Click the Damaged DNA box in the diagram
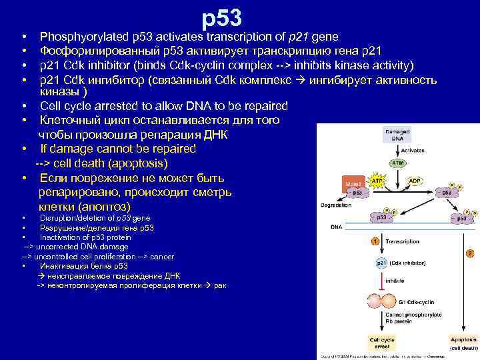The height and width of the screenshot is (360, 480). coord(397,135)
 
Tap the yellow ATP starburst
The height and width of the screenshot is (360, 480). coord(377,181)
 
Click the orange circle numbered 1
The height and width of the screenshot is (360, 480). coord(376,241)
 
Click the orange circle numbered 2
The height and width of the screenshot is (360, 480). coord(470,253)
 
